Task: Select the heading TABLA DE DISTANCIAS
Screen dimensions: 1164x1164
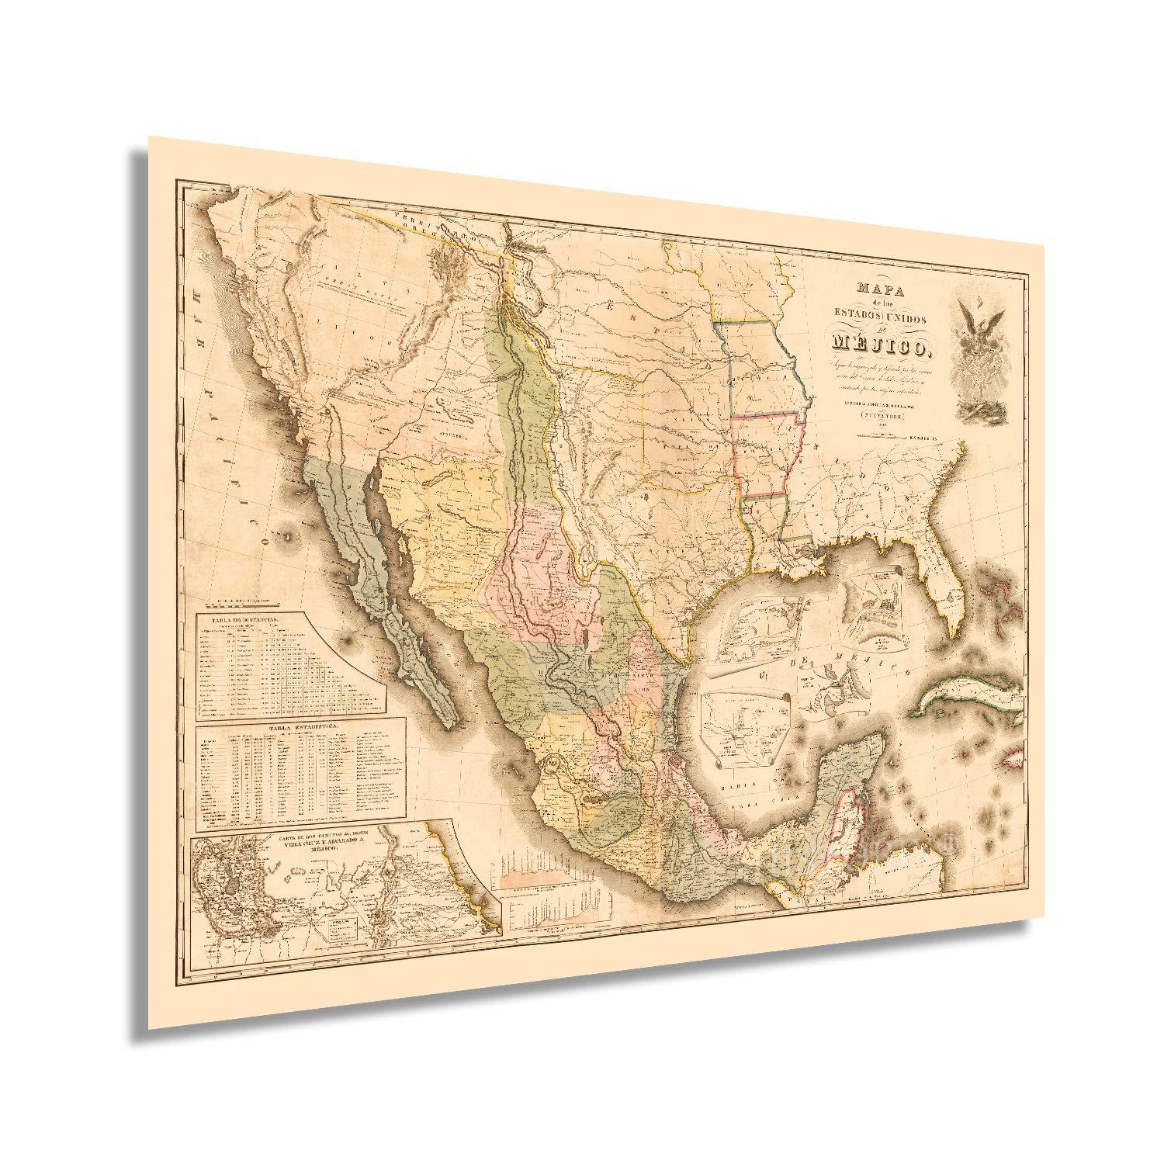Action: (233, 618)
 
